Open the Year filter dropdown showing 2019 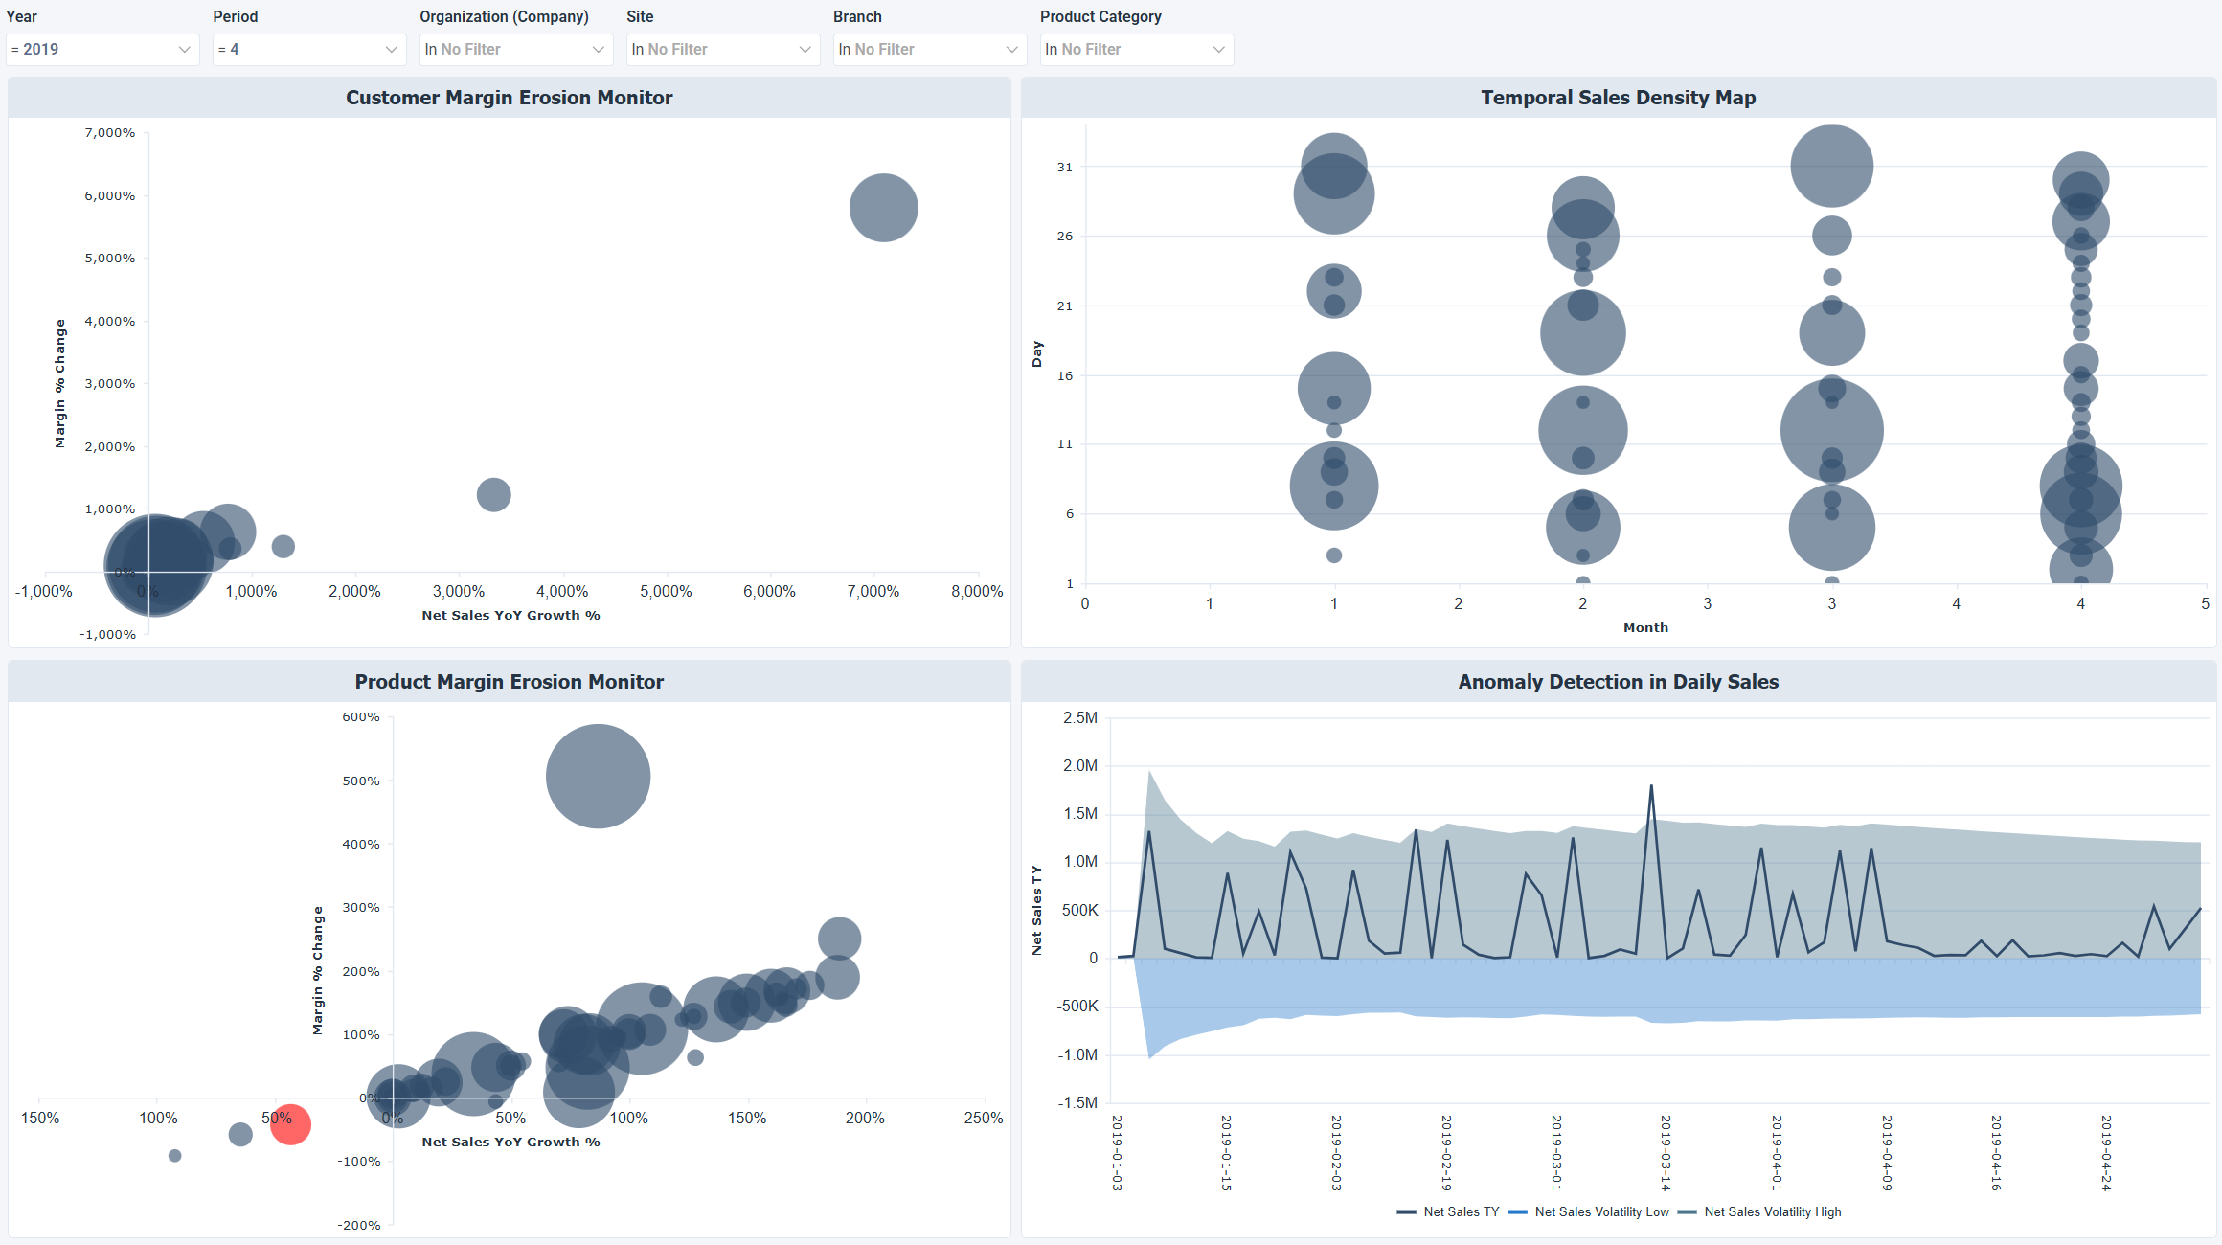tap(102, 49)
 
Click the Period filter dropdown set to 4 tap(308, 49)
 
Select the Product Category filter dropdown tap(1136, 49)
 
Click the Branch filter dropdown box tap(929, 49)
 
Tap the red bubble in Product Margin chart tap(290, 1123)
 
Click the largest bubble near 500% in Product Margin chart tap(598, 776)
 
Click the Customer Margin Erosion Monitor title tap(509, 98)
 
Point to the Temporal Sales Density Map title tap(1618, 98)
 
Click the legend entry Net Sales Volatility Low tap(1600, 1211)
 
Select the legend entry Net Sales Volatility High tap(1772, 1211)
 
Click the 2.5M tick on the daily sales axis tap(1080, 717)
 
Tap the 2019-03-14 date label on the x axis tap(1666, 1152)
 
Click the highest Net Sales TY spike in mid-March tap(1651, 787)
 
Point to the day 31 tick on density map tap(1064, 167)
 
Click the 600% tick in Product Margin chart tap(361, 716)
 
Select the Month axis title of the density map tap(1645, 627)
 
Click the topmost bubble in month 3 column tap(1831, 166)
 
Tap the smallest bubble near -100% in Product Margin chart tap(174, 1155)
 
